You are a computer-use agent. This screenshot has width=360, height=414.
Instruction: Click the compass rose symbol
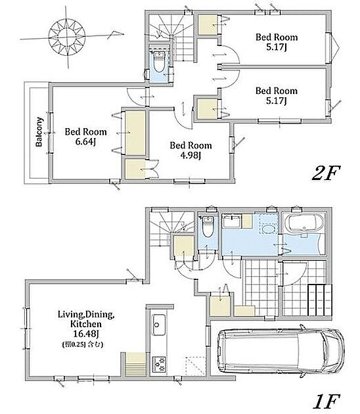(x=67, y=36)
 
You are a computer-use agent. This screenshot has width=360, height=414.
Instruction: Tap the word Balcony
(x=39, y=131)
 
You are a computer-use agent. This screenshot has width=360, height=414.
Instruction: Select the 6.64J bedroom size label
(x=85, y=142)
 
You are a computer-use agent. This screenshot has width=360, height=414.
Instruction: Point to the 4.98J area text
(x=191, y=155)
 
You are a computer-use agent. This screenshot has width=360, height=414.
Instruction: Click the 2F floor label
(x=326, y=173)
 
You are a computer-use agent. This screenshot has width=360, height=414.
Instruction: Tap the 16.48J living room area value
(x=86, y=334)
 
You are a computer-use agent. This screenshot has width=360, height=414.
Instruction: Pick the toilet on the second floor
(x=158, y=62)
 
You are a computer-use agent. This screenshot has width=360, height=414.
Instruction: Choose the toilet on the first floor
(x=208, y=227)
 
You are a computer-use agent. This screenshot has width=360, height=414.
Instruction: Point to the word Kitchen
(x=86, y=324)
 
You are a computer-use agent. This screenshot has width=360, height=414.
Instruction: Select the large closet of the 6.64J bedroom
(x=135, y=133)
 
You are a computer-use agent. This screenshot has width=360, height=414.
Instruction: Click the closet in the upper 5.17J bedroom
(x=208, y=25)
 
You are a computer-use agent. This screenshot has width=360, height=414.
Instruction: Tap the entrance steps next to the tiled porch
(x=320, y=300)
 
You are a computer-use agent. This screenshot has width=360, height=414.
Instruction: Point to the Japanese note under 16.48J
(x=83, y=344)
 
